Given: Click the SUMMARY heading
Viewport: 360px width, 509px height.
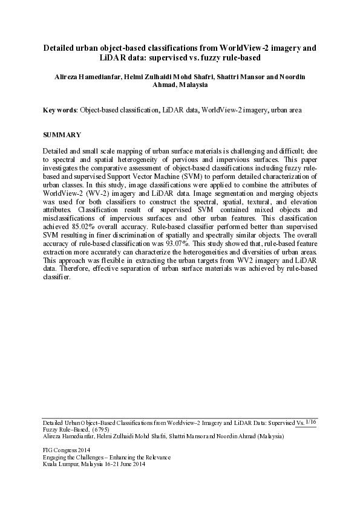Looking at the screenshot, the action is (x=61, y=134).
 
